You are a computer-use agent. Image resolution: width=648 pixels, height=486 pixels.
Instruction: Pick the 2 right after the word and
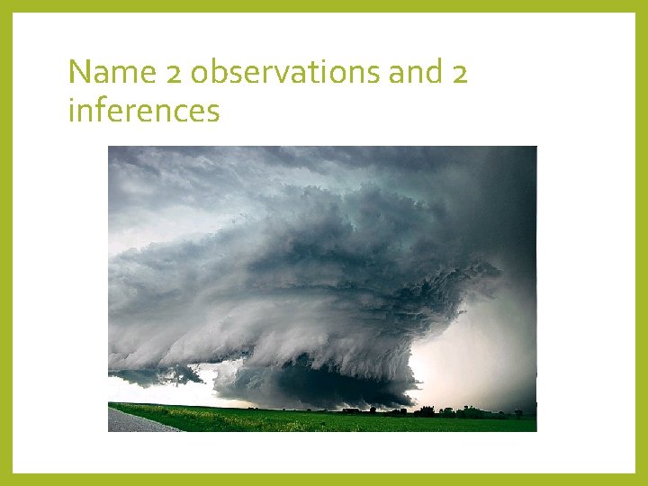[458, 72]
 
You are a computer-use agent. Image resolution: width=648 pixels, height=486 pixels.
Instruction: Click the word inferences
[144, 112]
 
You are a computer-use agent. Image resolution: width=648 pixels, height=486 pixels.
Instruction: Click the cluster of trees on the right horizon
[450, 411]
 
